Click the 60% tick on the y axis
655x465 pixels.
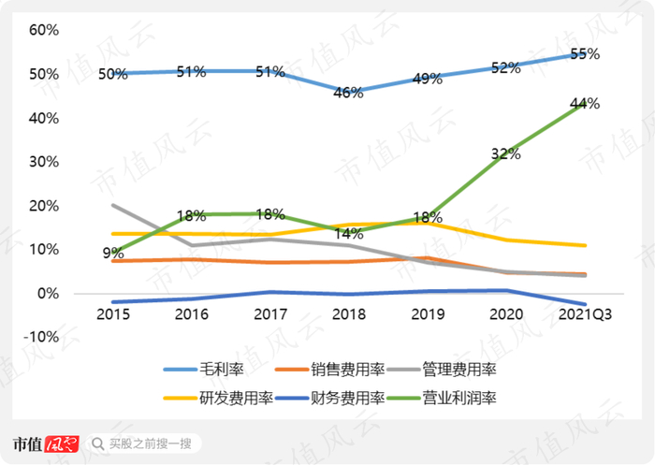point(44,30)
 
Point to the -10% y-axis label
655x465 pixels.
point(41,337)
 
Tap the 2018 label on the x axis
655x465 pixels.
point(349,315)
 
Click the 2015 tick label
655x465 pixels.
point(113,315)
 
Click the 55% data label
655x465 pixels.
point(585,54)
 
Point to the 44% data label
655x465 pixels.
point(585,104)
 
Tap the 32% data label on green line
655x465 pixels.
point(506,153)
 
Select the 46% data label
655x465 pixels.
point(348,93)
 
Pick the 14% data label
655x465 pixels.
point(348,234)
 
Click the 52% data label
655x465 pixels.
point(506,67)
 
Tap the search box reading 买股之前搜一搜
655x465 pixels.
point(150,443)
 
